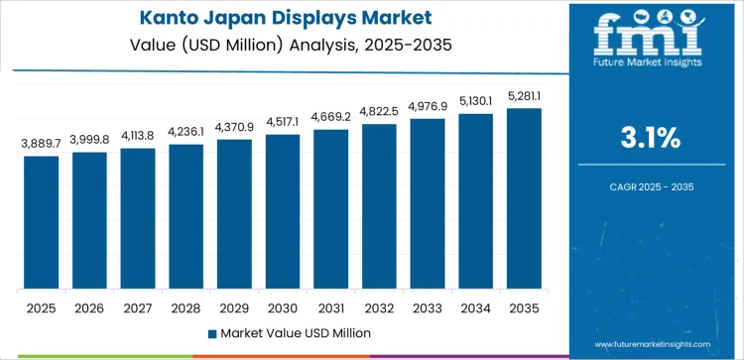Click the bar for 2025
coord(42,222)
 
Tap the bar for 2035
coord(524,198)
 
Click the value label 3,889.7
coord(42,144)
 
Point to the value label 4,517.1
coord(283,122)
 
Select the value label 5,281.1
coord(524,96)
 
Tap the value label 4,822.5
coord(379,111)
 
